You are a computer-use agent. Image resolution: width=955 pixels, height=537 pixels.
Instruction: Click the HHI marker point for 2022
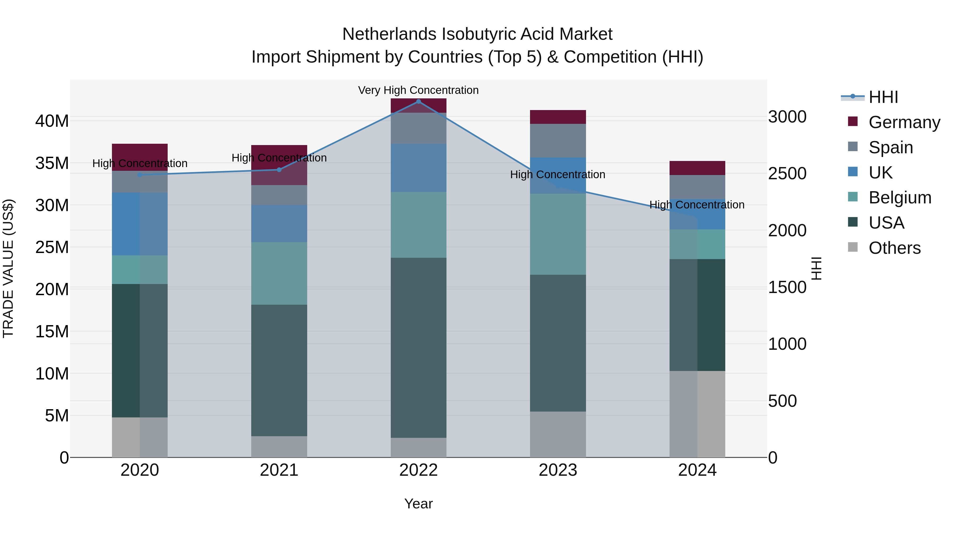419,102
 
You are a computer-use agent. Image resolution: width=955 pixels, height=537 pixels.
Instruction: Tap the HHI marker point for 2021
279,170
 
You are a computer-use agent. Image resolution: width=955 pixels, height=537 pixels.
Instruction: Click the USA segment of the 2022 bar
419,348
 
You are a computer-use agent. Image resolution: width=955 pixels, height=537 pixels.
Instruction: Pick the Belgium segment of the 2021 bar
279,273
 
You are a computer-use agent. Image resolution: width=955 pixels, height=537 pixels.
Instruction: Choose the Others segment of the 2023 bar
558,434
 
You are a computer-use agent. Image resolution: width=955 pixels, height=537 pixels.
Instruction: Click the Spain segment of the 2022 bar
419,128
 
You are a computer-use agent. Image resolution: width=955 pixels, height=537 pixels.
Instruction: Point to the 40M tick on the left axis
52,121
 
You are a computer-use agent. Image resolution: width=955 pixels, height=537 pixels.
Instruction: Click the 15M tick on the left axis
52,331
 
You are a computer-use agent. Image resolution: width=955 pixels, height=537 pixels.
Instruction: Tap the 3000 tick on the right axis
787,117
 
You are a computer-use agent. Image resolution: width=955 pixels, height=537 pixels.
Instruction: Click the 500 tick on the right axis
782,401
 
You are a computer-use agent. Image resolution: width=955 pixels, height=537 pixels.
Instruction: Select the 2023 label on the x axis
558,470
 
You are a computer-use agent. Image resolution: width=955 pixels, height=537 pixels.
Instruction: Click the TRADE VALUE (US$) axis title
8,268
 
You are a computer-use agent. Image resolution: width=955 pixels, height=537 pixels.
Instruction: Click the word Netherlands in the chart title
389,34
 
